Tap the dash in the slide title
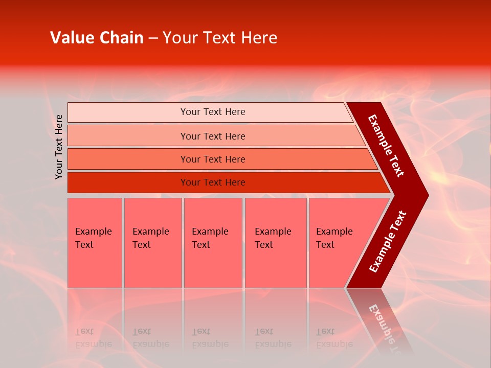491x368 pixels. [153, 38]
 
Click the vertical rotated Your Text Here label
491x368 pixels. [59, 147]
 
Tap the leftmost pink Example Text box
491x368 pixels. [95, 243]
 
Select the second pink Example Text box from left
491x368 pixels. [153, 243]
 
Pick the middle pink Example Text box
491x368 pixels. [213, 243]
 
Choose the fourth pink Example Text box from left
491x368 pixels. [276, 243]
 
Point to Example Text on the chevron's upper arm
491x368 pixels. [387, 146]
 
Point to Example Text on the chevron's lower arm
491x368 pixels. [388, 241]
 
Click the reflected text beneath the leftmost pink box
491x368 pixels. [94, 338]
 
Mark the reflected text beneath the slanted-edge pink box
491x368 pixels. [334, 338]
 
